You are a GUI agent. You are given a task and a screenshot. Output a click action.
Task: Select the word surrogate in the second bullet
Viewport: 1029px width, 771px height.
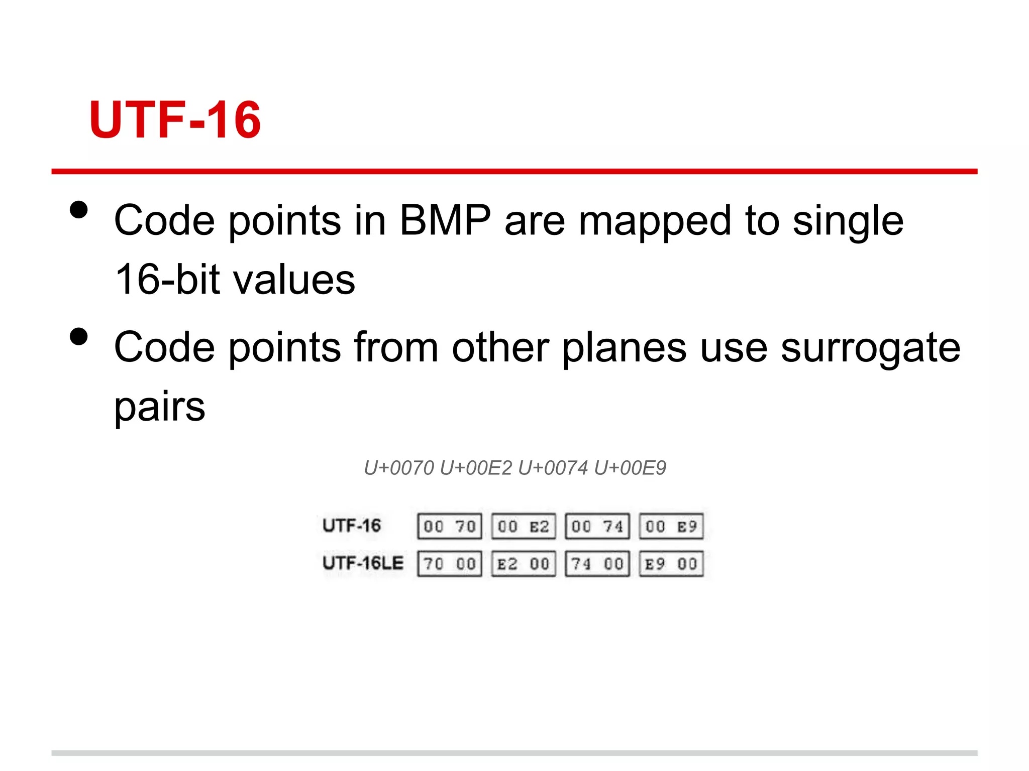pos(870,347)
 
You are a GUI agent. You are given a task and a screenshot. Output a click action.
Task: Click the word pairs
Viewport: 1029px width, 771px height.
pos(160,407)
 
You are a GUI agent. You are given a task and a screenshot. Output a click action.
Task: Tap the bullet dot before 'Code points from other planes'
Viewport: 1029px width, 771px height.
pos(79,337)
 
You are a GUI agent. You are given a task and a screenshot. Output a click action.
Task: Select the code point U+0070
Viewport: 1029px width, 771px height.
pos(398,468)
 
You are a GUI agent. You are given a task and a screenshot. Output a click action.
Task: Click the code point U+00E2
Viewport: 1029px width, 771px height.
pos(475,468)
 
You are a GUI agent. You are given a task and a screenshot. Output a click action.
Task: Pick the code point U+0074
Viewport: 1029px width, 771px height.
pos(553,468)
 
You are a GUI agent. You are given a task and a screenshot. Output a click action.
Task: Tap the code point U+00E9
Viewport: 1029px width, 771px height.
pos(630,468)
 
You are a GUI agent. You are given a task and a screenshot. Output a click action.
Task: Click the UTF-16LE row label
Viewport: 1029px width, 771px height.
pos(363,563)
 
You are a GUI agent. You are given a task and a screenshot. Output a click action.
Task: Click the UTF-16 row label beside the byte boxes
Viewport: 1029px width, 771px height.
pos(352,526)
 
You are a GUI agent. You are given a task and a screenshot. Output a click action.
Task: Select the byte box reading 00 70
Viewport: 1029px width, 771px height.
pos(450,526)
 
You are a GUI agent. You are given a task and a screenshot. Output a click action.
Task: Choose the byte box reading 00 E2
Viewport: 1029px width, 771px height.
pos(524,526)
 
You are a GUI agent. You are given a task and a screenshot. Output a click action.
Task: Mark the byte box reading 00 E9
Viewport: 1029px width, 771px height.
pos(671,526)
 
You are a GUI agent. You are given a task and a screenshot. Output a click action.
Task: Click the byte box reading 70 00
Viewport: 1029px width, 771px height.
pos(450,564)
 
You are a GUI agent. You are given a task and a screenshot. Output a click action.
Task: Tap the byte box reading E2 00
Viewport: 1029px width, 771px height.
pos(524,564)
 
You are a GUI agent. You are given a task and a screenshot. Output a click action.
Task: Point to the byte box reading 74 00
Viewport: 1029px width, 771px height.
pos(597,564)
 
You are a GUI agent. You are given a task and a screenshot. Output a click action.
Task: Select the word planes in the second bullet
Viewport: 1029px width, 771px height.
pos(624,347)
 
